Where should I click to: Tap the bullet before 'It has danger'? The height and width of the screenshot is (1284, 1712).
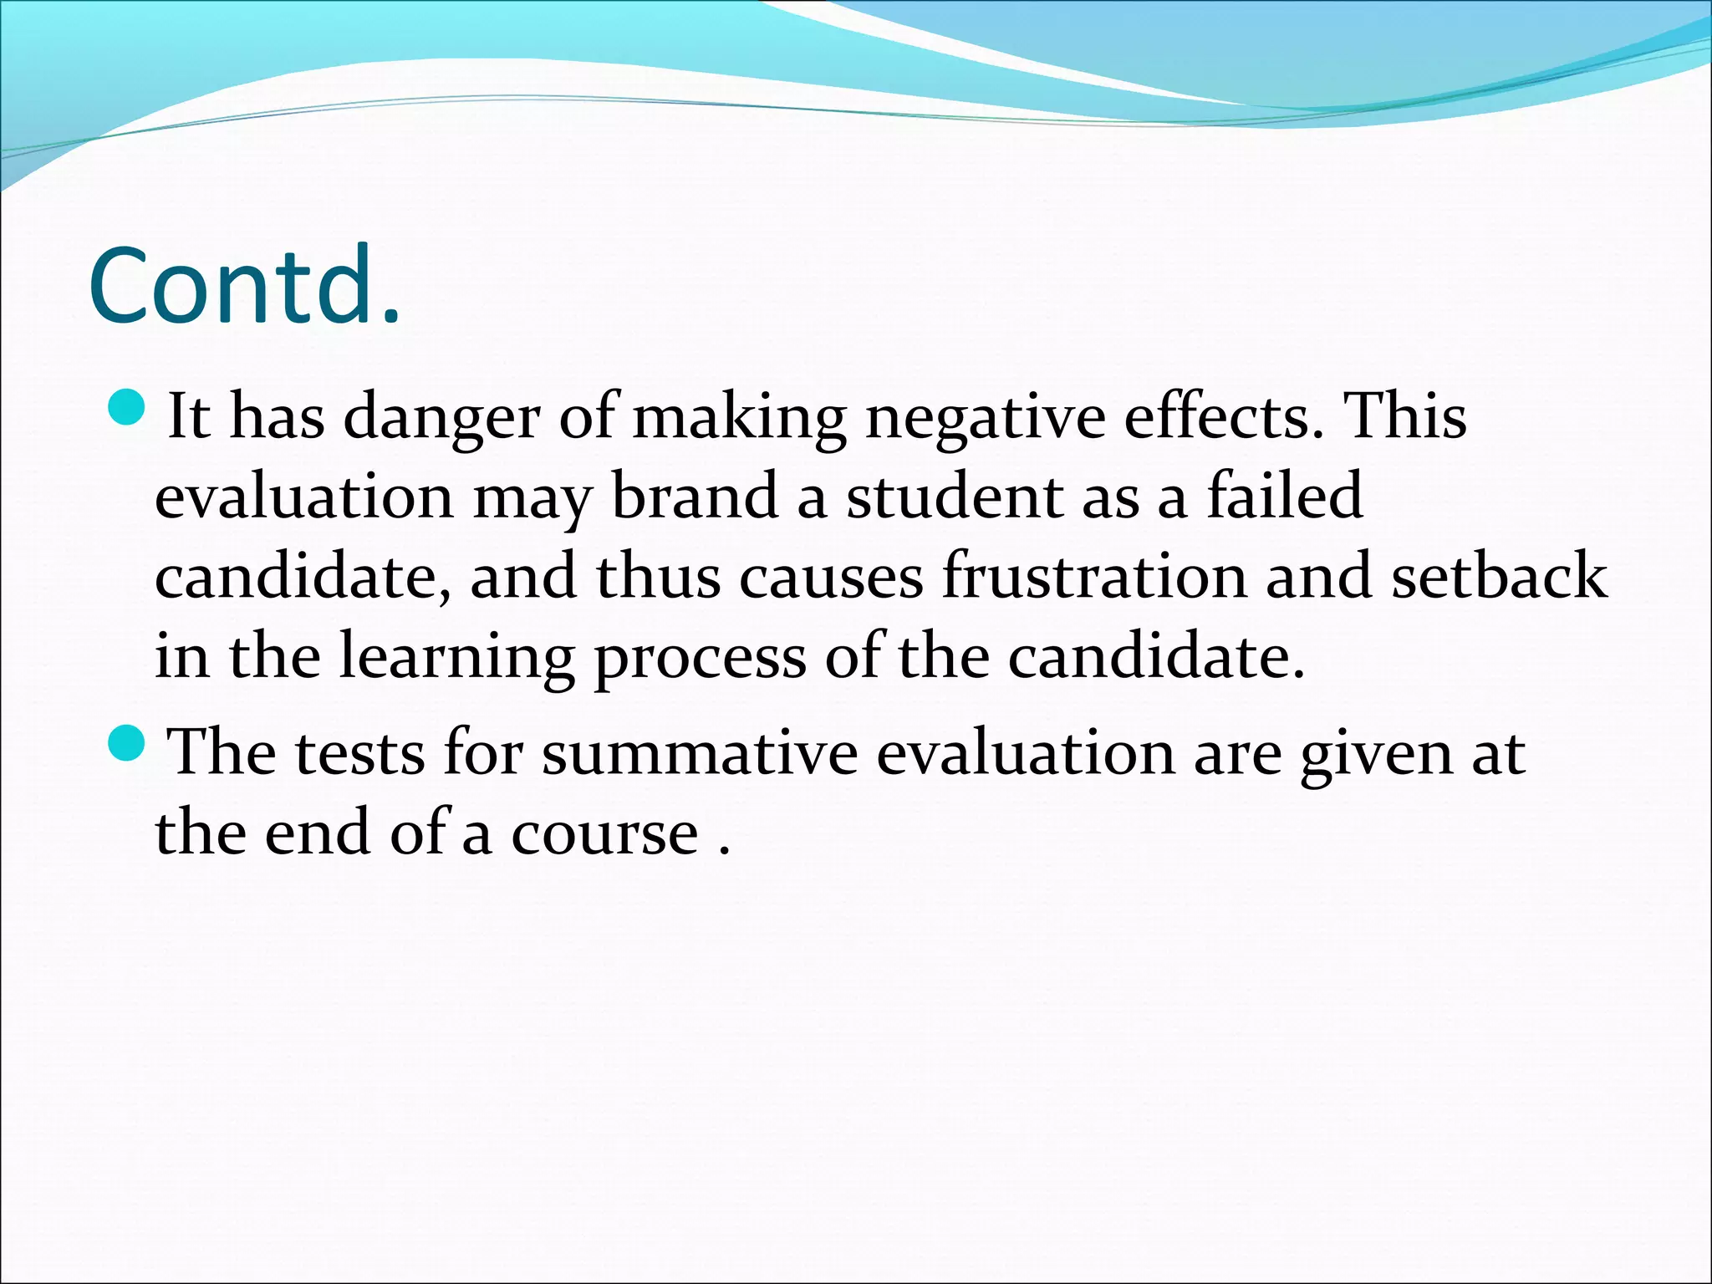point(127,407)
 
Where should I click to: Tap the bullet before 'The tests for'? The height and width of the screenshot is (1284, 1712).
point(127,742)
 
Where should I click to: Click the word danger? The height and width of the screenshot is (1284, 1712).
point(441,418)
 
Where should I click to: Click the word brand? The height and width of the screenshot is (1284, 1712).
point(695,497)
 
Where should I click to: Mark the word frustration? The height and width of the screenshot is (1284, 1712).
point(1094,576)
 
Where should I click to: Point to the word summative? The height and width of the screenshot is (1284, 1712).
point(700,752)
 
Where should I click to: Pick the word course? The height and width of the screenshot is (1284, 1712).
point(604,833)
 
